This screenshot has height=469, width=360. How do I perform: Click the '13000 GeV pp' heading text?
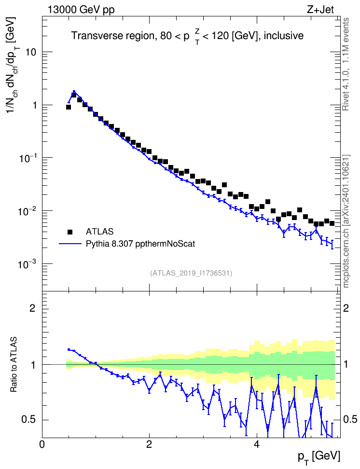point(81,10)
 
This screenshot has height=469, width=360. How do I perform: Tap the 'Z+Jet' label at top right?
point(320,10)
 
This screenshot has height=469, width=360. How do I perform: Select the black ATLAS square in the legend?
point(70,232)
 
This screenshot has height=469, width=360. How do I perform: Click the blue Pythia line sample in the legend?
point(70,244)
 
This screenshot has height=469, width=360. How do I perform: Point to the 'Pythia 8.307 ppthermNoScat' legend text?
point(140,244)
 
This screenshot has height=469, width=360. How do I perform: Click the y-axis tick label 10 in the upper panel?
point(30,52)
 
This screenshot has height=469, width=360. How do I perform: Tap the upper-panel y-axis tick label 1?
point(33,105)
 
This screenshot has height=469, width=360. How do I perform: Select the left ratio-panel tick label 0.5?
point(28,420)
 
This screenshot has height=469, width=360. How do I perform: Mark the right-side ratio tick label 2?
point(346,308)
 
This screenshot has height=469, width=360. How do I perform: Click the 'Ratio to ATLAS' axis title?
point(14,364)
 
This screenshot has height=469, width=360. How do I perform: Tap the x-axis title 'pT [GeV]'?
point(319,457)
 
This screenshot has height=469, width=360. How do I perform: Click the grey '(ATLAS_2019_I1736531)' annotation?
point(191,273)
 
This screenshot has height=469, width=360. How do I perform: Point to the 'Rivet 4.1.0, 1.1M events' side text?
point(346,64)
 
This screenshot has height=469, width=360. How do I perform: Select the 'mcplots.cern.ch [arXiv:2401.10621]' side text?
point(346,221)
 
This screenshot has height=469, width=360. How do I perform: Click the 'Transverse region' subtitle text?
point(112,36)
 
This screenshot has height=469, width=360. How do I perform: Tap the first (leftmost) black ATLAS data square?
point(68,107)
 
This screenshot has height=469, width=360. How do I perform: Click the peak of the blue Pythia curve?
point(74,92)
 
